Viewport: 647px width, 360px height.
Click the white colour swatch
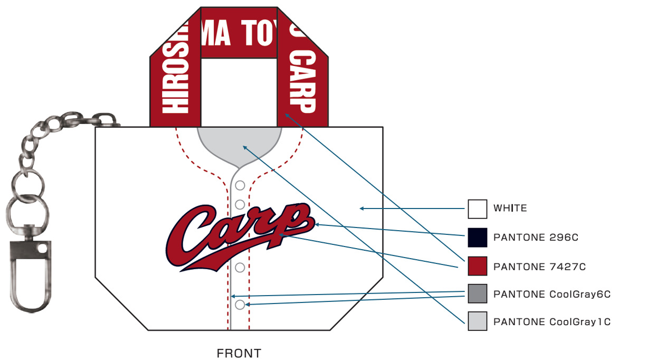point(478,209)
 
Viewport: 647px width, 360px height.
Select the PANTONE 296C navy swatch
point(478,238)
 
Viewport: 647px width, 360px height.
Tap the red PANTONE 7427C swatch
point(478,266)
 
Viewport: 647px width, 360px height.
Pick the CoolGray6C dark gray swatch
point(478,293)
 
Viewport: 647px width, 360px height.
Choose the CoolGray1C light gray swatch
point(478,321)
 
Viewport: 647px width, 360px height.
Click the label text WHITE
point(510,208)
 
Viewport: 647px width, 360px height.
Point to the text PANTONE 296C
point(536,238)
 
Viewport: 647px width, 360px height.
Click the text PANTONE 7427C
point(539,267)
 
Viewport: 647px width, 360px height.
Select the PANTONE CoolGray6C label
point(552,294)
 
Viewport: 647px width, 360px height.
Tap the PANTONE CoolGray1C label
point(552,321)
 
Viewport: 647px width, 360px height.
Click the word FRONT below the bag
point(239,353)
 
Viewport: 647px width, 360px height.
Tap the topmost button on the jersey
point(240,185)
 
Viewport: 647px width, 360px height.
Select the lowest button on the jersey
point(240,305)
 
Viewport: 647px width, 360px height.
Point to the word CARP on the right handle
point(303,82)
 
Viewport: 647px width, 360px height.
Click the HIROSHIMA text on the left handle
point(175,68)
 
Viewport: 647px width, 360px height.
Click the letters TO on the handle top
point(257,33)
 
